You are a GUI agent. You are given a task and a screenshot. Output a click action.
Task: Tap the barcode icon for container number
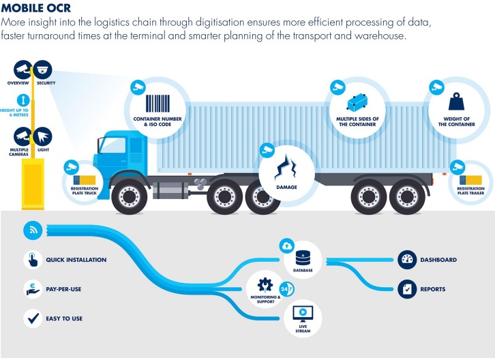(x=159, y=102)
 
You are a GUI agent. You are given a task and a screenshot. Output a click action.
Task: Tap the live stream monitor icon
(x=302, y=313)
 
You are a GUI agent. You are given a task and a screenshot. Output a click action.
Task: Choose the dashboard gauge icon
(x=407, y=260)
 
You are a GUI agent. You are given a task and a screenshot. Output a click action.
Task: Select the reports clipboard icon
(x=407, y=289)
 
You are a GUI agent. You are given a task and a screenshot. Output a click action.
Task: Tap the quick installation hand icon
(x=33, y=260)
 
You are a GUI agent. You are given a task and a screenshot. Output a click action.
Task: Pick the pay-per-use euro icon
(x=33, y=288)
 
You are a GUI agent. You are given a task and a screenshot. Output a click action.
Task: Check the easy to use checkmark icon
(x=33, y=317)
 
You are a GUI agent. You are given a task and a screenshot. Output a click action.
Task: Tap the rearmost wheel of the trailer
(x=408, y=196)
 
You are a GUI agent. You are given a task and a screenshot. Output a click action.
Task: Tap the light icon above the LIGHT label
(x=42, y=135)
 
